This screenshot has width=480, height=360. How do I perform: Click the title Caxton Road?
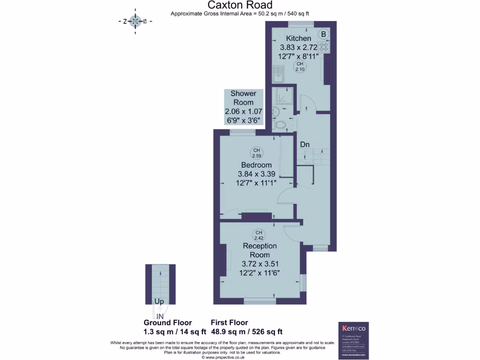click(240, 5)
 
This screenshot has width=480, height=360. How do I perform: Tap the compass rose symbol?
click(135, 21)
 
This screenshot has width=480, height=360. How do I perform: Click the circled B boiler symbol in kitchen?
click(323, 34)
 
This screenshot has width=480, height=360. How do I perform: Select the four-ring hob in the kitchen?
click(323, 47)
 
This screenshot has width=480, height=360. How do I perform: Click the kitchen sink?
click(278, 74)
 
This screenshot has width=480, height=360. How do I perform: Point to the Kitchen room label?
click(299, 38)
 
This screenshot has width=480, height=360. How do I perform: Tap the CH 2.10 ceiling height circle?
click(300, 67)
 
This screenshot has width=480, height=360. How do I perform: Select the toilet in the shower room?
click(282, 125)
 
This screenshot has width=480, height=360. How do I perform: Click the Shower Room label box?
click(243, 107)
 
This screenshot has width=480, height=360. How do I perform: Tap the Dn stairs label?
click(305, 145)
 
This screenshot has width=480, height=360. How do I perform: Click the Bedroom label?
click(256, 165)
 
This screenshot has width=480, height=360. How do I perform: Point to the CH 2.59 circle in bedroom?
click(256, 153)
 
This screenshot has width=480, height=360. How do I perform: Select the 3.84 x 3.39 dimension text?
click(256, 174)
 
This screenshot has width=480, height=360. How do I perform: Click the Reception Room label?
click(260, 250)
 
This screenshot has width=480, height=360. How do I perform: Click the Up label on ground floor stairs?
click(159, 302)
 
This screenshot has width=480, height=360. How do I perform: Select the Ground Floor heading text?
click(167, 322)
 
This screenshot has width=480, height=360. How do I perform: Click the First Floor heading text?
click(229, 322)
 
